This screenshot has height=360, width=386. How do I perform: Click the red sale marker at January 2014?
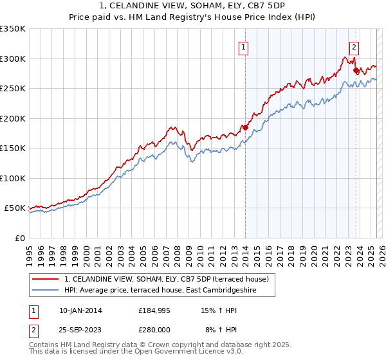click(x=245, y=127)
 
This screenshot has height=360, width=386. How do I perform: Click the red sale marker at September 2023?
click(x=356, y=70)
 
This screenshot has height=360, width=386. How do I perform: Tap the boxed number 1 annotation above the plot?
click(x=244, y=46)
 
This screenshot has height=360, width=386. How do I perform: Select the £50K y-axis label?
click(x=15, y=208)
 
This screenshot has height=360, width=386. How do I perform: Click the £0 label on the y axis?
click(x=19, y=238)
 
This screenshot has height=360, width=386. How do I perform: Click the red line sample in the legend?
click(x=46, y=280)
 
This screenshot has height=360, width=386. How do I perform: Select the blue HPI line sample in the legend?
click(x=46, y=291)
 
